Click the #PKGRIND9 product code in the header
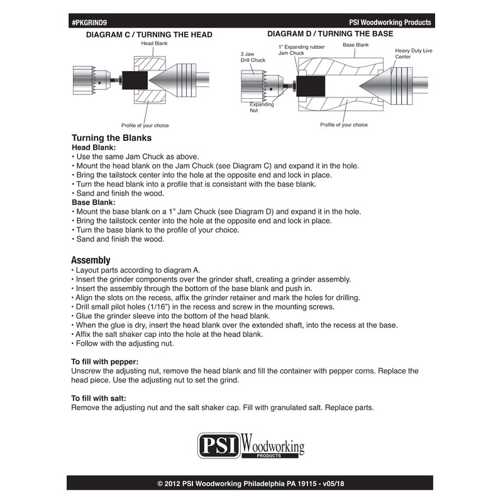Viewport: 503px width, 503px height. [x=89, y=23]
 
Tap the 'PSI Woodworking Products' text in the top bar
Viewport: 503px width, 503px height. [x=390, y=22]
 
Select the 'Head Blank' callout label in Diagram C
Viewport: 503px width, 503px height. [x=154, y=43]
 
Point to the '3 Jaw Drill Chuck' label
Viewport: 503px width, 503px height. [x=253, y=57]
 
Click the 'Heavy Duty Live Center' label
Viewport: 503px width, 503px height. [x=414, y=53]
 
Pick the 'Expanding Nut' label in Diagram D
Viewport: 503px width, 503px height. [x=262, y=107]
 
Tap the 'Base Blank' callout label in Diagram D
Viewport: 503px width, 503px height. [x=355, y=45]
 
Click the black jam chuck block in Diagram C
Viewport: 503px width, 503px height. [x=135, y=80]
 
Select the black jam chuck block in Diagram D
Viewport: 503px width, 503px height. [x=311, y=86]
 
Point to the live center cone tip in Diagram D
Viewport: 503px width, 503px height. [x=360, y=86]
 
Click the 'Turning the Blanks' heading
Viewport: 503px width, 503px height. [x=112, y=138]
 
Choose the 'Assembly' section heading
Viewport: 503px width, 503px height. [x=91, y=260]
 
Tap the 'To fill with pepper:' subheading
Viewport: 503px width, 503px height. [x=105, y=362]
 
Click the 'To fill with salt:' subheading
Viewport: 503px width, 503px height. [x=99, y=399]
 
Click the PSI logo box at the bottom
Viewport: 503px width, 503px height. [x=219, y=446]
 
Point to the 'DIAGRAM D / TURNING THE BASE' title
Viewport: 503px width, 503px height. [x=330, y=34]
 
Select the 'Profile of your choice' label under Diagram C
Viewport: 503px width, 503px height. [x=145, y=125]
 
